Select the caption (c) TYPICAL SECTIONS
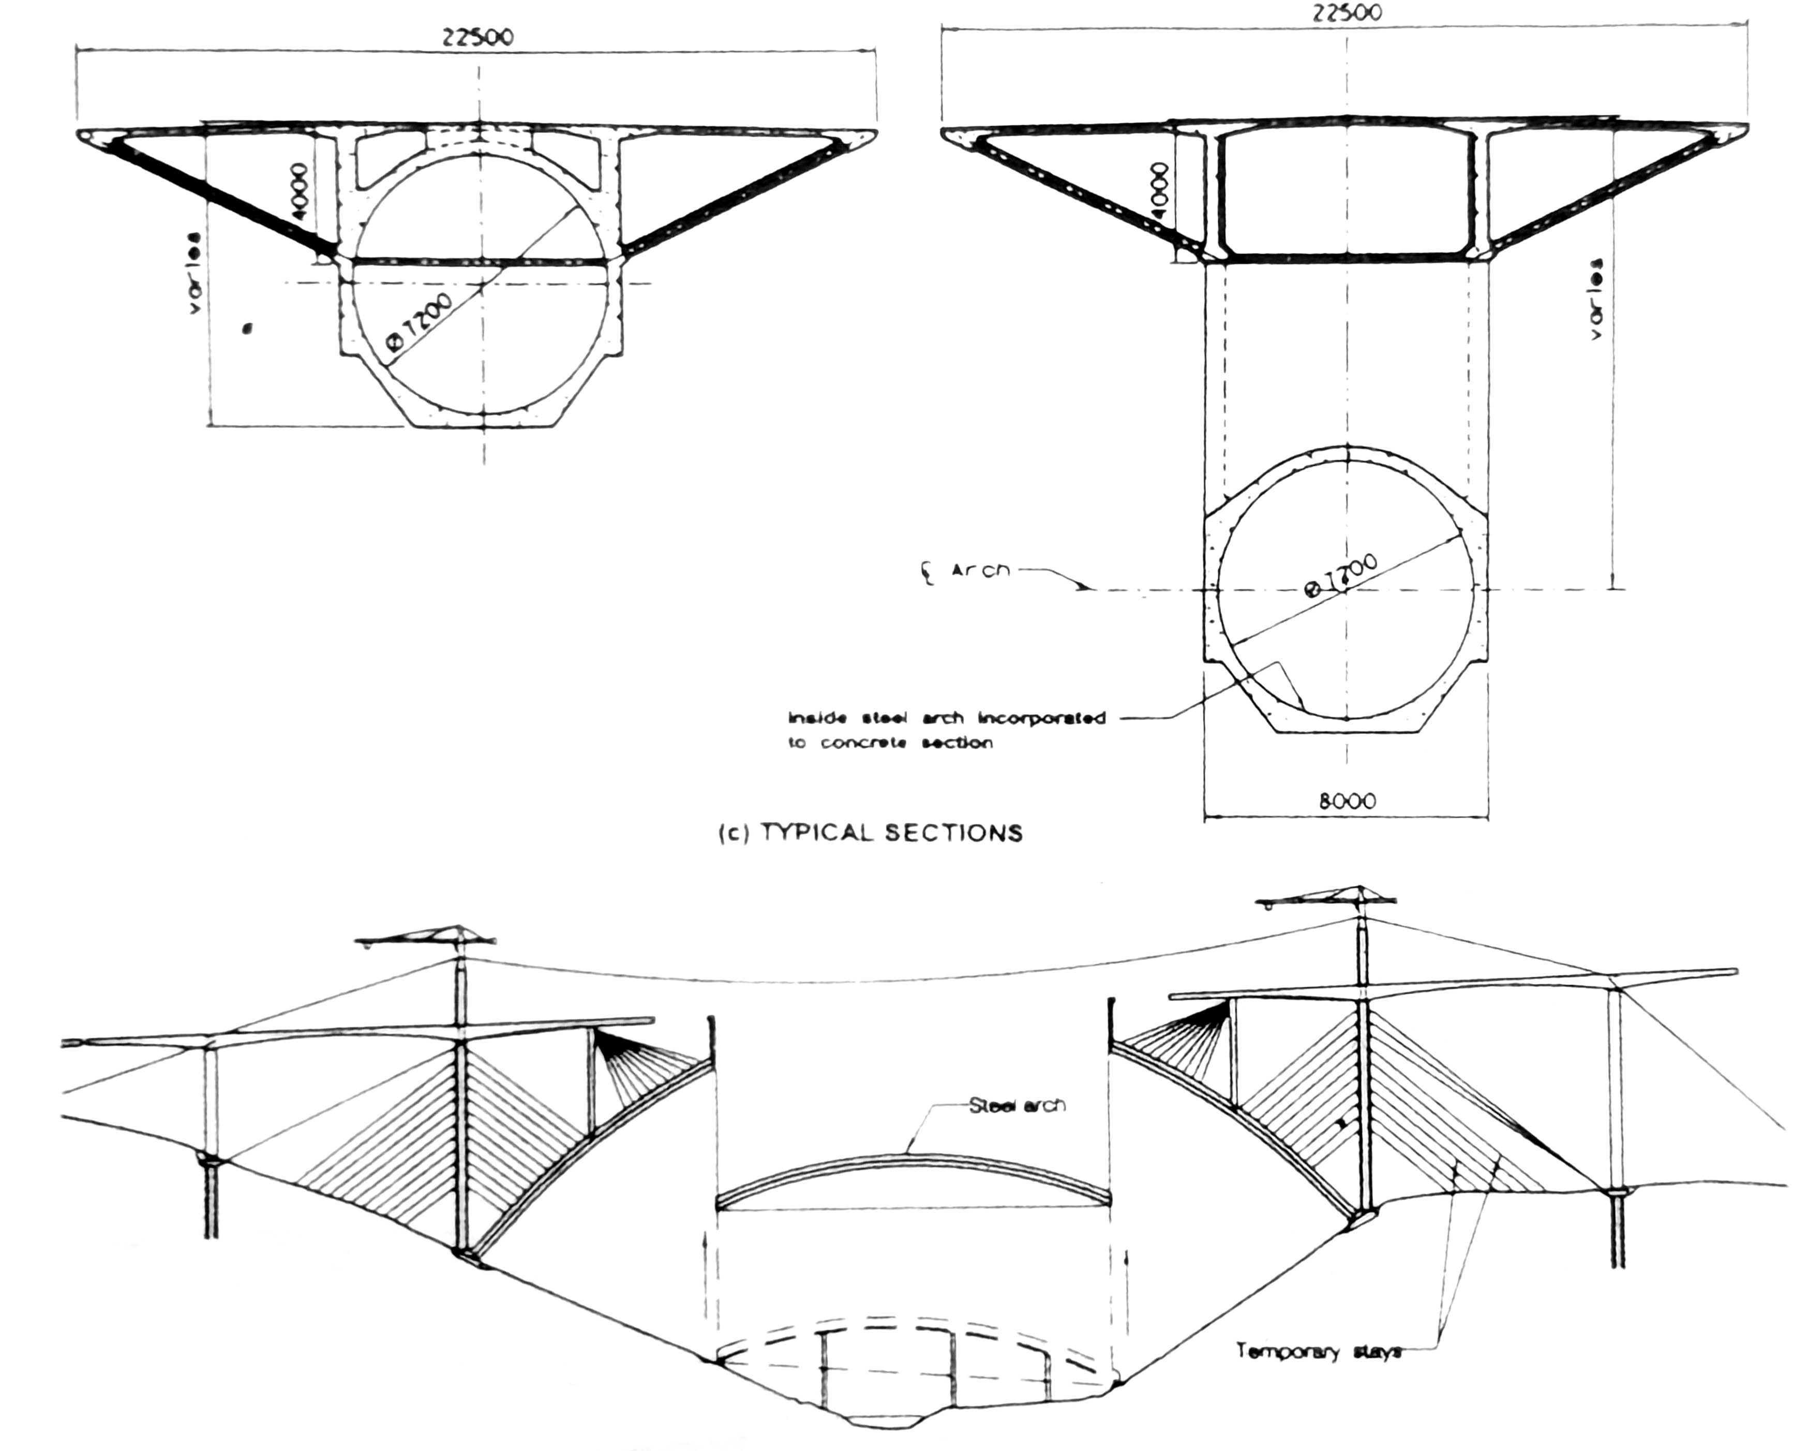click(x=871, y=832)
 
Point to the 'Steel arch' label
click(x=1017, y=1105)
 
